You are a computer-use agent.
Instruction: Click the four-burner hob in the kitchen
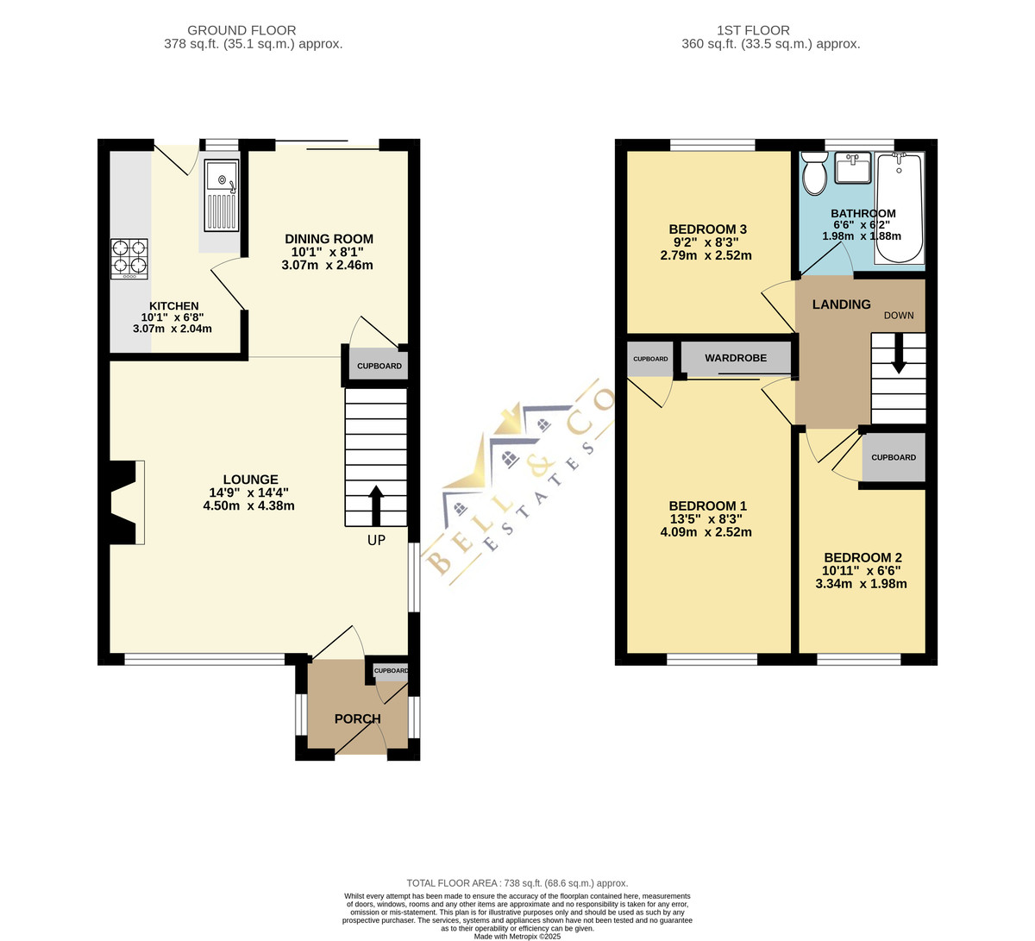tap(129, 259)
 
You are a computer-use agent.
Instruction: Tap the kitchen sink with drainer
tap(222, 195)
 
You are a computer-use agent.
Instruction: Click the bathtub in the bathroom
tap(899, 208)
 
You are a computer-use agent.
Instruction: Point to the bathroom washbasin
tap(853, 167)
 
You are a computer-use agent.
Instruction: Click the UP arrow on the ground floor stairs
tap(376, 505)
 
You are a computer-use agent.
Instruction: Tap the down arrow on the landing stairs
tap(899, 354)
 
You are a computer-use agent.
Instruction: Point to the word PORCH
tap(358, 718)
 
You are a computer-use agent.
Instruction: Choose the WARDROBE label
tap(736, 358)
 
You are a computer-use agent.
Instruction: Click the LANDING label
tap(842, 304)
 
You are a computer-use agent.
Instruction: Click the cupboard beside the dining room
tap(379, 366)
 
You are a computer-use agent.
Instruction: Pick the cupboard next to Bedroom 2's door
tap(894, 457)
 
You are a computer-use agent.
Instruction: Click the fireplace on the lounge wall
tap(124, 502)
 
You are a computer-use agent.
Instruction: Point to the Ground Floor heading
tap(241, 30)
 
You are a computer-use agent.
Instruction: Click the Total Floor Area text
tap(517, 883)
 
